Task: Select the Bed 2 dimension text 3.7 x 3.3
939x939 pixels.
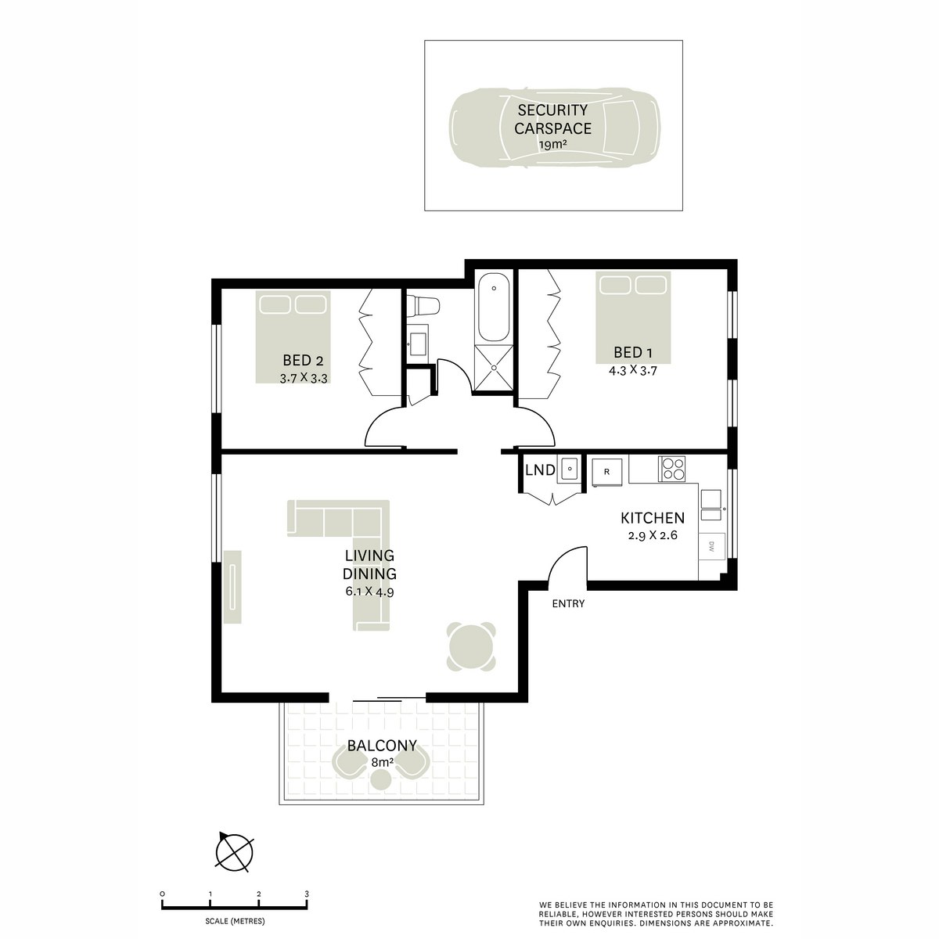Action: point(303,378)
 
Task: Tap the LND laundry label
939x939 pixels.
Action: point(540,470)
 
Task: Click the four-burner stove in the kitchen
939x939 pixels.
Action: point(672,469)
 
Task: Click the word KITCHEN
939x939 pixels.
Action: point(652,518)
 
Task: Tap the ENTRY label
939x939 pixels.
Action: point(568,603)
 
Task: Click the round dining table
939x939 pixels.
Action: point(472,647)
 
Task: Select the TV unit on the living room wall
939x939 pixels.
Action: point(234,587)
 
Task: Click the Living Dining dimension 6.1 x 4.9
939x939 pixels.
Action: point(369,592)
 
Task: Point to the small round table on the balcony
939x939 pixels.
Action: point(380,779)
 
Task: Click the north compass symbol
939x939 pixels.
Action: point(236,852)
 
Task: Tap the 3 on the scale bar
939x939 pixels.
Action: point(307,894)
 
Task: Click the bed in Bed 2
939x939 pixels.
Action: point(292,336)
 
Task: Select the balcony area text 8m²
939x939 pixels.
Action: point(381,761)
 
